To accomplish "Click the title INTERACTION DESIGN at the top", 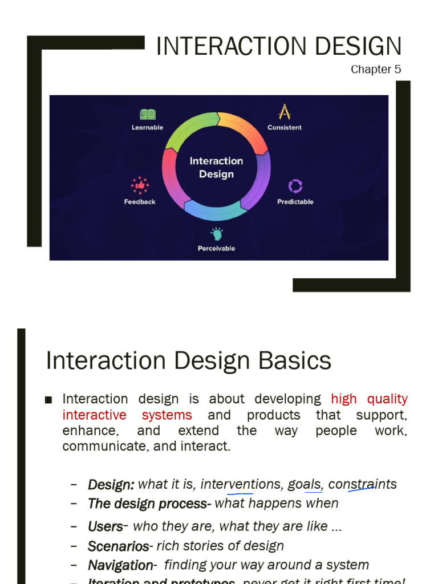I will (x=279, y=46).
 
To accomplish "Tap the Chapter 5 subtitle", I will (x=376, y=70).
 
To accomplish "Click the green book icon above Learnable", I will (x=148, y=114).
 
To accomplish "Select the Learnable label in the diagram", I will (x=148, y=128).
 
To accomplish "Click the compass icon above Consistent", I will (x=284, y=112).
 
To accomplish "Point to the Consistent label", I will (x=285, y=128).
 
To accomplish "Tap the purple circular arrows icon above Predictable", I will (x=295, y=186).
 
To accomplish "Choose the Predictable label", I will (x=295, y=202).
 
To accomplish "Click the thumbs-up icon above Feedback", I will (x=139, y=185).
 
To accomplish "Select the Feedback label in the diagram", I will (x=140, y=202).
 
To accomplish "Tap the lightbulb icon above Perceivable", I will (x=216, y=234).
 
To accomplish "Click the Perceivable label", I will (x=216, y=249).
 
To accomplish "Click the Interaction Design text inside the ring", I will (x=216, y=168).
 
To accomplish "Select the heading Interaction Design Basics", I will (x=188, y=360).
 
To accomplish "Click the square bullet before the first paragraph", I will (x=48, y=399).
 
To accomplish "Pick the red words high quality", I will (x=369, y=399).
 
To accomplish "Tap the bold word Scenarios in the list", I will (x=118, y=546).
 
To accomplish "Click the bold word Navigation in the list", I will (x=120, y=566).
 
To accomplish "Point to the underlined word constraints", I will (x=362, y=484).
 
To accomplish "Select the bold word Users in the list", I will (x=106, y=526).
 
